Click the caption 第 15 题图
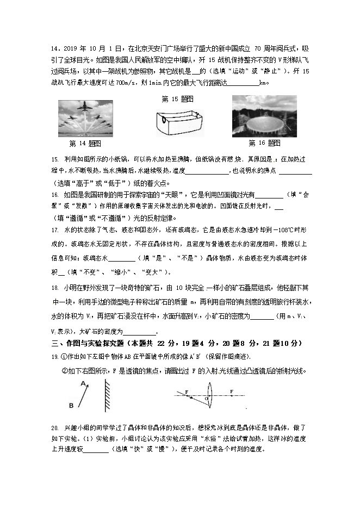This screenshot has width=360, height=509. click(x=178, y=99)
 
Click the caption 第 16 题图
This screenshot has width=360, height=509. click(x=264, y=143)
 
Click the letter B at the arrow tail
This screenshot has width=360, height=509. click(x=71, y=406)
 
